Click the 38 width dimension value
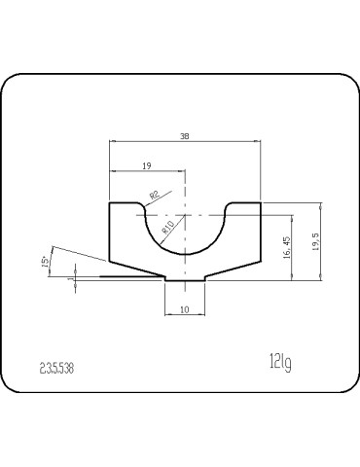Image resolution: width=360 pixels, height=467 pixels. click(x=185, y=137)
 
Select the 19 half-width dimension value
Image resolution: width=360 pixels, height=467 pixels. click(x=147, y=166)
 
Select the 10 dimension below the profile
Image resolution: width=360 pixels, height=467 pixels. click(x=185, y=311)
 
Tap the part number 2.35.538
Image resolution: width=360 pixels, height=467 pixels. click(x=56, y=368)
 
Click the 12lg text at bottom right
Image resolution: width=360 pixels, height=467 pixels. click(x=281, y=363)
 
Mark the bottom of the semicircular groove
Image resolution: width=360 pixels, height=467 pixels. click(x=185, y=254)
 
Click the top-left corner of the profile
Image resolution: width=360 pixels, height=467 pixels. click(x=110, y=203)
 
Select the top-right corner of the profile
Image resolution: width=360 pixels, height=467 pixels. click(x=261, y=203)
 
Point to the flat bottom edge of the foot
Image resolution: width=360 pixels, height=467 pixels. click(x=185, y=282)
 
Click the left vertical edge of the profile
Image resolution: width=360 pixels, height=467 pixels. click(x=109, y=233)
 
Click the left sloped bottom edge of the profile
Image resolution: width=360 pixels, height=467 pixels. click(x=136, y=269)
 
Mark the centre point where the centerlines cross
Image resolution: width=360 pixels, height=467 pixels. click(x=185, y=214)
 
